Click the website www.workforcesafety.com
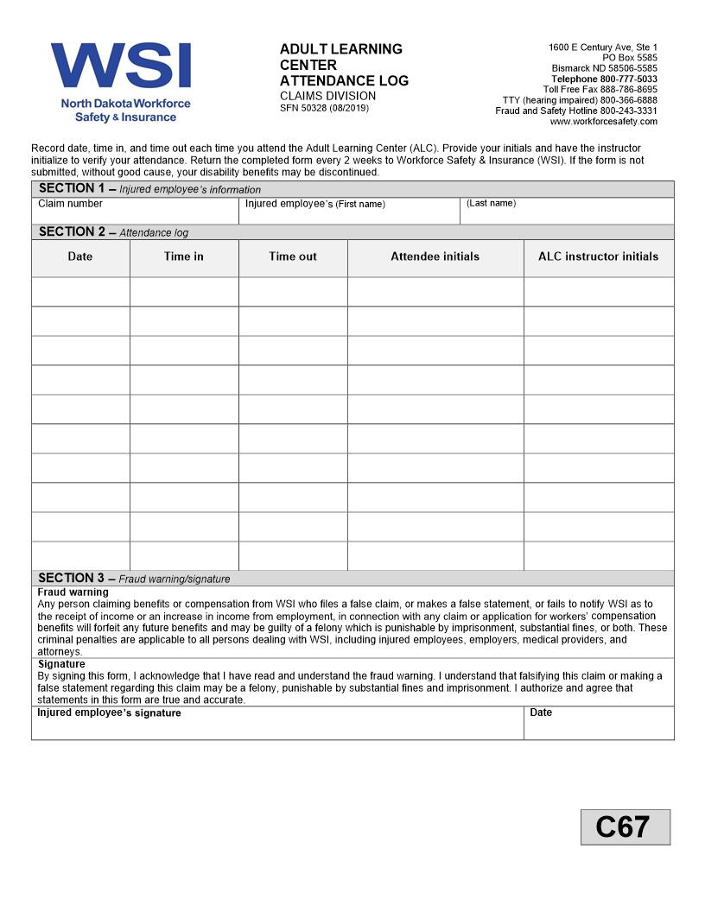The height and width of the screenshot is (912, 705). tap(603, 122)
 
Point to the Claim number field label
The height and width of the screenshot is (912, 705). tap(70, 204)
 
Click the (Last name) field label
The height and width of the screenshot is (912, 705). tap(491, 203)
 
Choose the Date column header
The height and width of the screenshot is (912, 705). tap(80, 256)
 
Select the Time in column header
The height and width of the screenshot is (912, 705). tap(184, 256)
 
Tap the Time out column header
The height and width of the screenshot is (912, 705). tap(293, 256)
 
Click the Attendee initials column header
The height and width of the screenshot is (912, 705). tap(435, 256)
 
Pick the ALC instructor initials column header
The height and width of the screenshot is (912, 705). tap(598, 256)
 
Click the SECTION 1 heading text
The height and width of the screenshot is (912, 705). tap(72, 188)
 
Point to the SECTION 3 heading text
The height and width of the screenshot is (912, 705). tap(72, 578)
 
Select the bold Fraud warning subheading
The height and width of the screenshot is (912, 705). tap(73, 592)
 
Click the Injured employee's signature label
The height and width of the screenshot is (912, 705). tap(109, 713)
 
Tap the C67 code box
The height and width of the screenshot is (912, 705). tap(625, 826)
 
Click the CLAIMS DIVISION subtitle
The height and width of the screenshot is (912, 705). tap(327, 96)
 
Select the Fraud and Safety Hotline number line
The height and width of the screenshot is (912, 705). tap(575, 111)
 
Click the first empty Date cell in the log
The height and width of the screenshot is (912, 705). tap(80, 291)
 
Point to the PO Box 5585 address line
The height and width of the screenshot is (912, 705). tap(629, 58)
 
